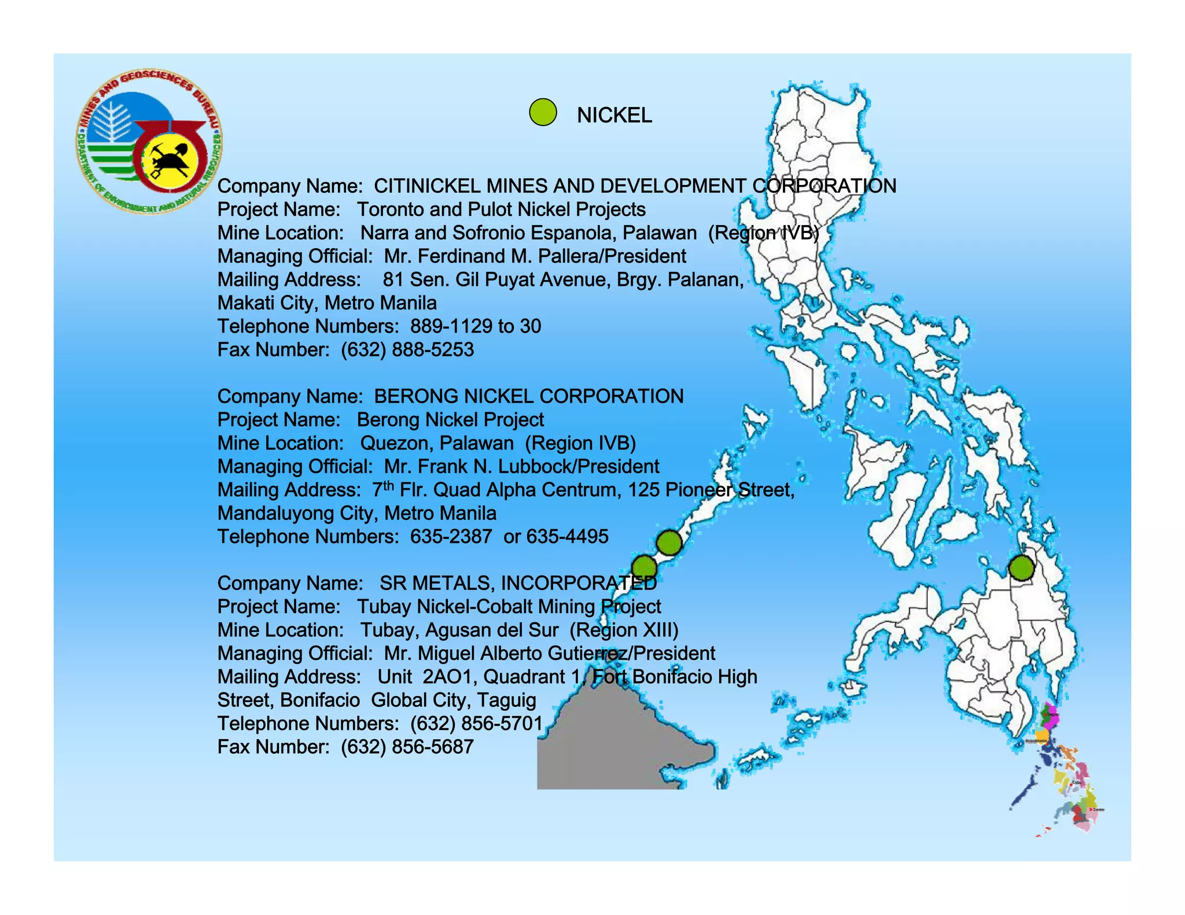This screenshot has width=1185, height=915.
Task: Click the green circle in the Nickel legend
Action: (543, 112)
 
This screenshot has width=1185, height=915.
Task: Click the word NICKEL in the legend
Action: (614, 115)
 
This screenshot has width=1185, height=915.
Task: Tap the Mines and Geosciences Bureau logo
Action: (149, 142)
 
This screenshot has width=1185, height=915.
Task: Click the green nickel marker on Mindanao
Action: (1021, 568)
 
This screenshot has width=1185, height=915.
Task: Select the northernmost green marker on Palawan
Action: (669, 543)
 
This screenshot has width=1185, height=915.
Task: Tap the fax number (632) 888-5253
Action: (407, 350)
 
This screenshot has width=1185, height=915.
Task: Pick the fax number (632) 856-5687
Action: (407, 747)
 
